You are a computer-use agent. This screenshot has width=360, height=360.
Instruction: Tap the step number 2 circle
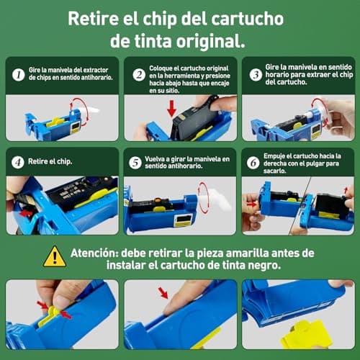[x=139, y=73]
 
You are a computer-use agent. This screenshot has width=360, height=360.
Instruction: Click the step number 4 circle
[x=18, y=163]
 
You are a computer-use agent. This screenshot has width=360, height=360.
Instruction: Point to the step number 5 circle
[x=135, y=163]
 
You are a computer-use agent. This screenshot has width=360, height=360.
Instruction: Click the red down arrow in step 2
[x=171, y=109]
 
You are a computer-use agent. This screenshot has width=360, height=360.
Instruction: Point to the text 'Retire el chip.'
[x=51, y=163]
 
